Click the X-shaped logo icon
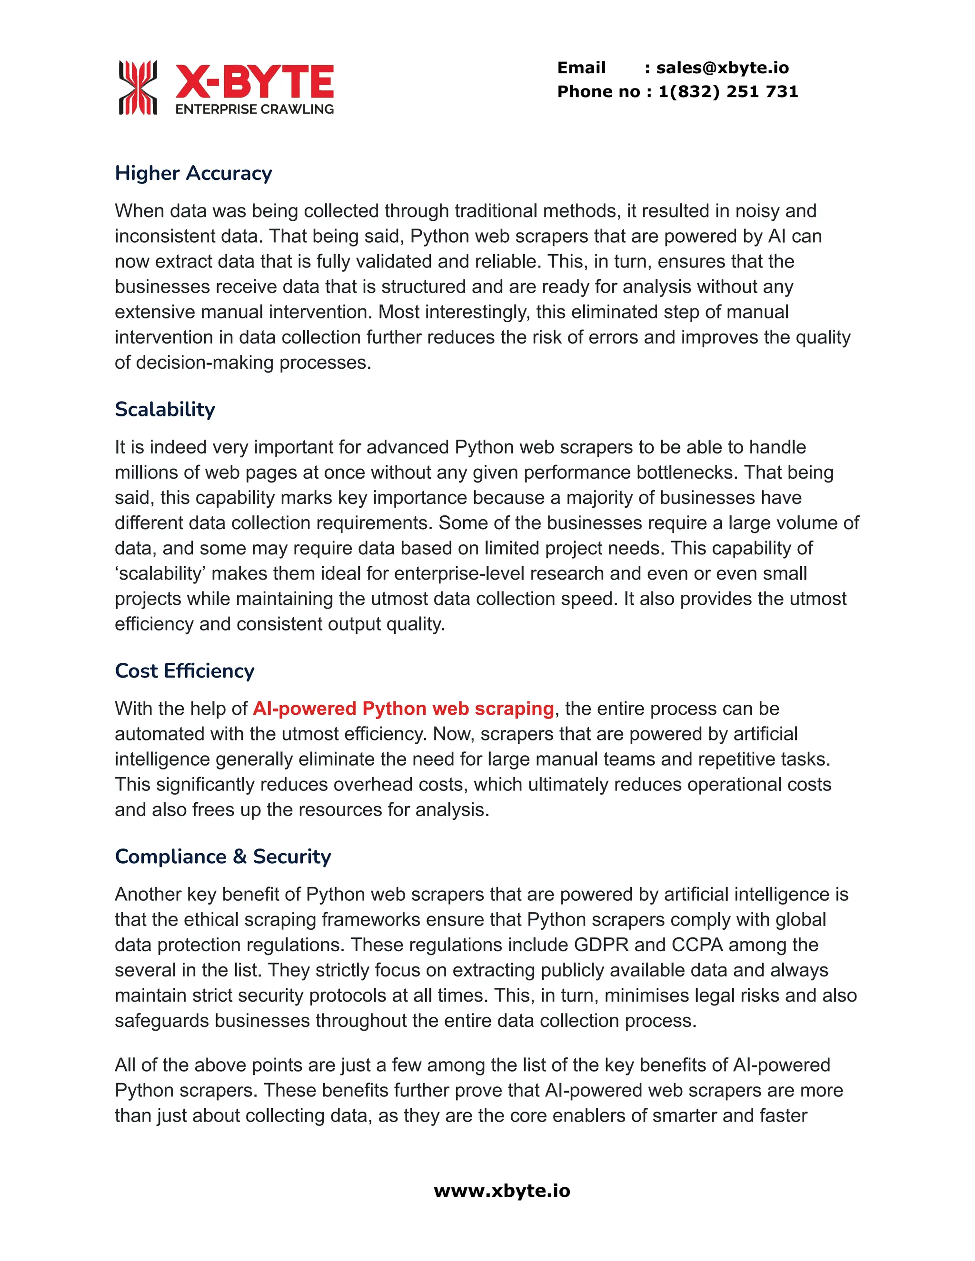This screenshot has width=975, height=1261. point(138,87)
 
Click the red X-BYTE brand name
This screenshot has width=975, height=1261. point(254,81)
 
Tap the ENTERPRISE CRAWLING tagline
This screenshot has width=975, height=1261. point(254,109)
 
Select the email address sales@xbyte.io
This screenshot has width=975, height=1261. point(722,68)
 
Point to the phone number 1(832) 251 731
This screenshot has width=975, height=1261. point(728,91)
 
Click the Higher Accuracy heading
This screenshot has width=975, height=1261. point(193,173)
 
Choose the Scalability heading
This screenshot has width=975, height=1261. point(165,409)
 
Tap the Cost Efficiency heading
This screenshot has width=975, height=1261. point(184,671)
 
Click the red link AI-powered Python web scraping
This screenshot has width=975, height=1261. point(403,709)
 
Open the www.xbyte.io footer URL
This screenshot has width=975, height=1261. point(502,1191)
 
